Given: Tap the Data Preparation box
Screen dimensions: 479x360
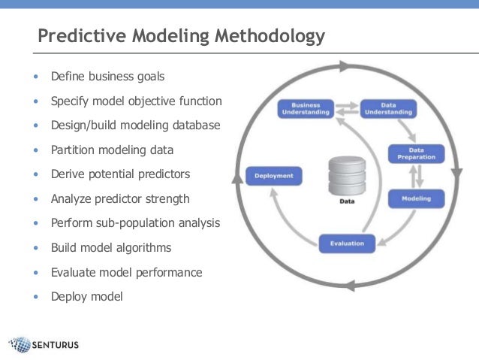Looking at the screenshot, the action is pos(416,153).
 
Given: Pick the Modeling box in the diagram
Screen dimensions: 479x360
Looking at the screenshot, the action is pos(416,198).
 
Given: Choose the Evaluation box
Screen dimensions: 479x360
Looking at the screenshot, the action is pos(346,244).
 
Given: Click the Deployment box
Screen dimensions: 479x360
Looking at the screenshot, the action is pos(274,177).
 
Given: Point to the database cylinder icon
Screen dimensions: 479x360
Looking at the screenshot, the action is pos(346,176).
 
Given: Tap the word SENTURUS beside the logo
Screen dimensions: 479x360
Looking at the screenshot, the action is pos(55,346).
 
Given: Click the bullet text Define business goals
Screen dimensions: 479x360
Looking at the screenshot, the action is pos(107,77).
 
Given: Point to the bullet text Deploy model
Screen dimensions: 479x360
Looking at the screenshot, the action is pos(86,296).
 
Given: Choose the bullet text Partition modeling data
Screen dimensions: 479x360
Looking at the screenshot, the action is pos(112,150).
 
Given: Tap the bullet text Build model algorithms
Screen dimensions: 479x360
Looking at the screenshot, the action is pos(111,247).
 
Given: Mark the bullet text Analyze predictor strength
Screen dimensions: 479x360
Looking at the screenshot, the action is pos(120,199).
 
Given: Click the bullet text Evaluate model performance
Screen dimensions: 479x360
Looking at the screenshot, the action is pos(126,272).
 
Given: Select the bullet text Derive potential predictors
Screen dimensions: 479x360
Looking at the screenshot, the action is pos(120,174).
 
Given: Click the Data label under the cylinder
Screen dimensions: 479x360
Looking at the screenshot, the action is pos(346,201).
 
